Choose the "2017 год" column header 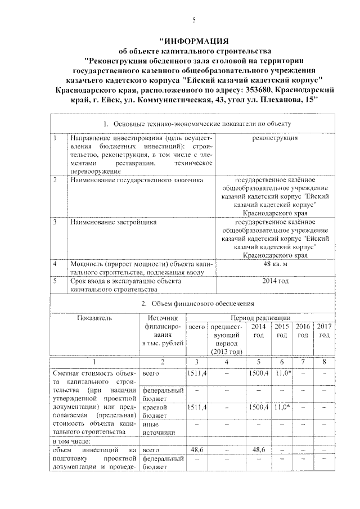click(x=324, y=331)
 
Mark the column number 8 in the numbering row click(x=324, y=362)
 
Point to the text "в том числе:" click(x=71, y=441)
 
